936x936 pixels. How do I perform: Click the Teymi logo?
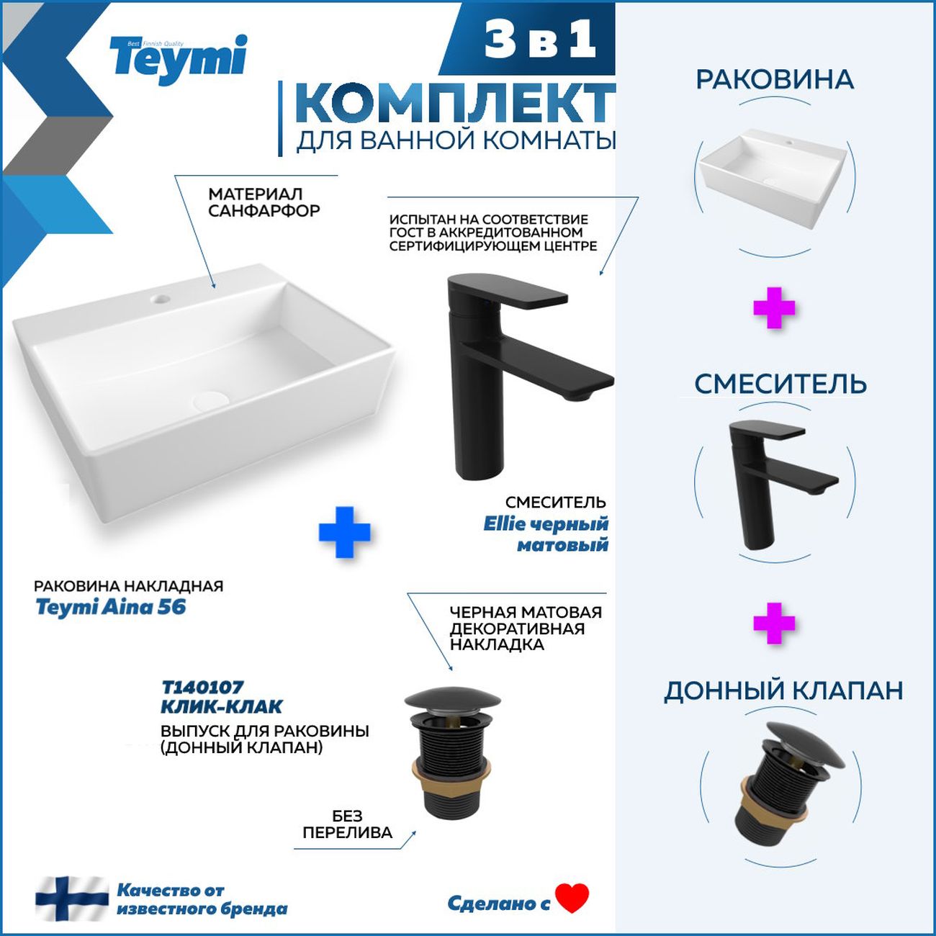[179, 60]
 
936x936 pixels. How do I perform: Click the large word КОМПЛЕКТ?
[455, 105]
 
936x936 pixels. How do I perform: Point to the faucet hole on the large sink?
[159, 298]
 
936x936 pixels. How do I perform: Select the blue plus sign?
[344, 532]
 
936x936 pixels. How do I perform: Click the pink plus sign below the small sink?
[774, 308]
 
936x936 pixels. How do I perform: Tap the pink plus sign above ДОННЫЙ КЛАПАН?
[774, 624]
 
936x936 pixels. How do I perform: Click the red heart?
[572, 898]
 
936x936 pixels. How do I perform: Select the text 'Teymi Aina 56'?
[111, 608]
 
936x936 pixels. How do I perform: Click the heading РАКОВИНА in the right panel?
[775, 80]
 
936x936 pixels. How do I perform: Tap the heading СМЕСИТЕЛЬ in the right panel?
[780, 384]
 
